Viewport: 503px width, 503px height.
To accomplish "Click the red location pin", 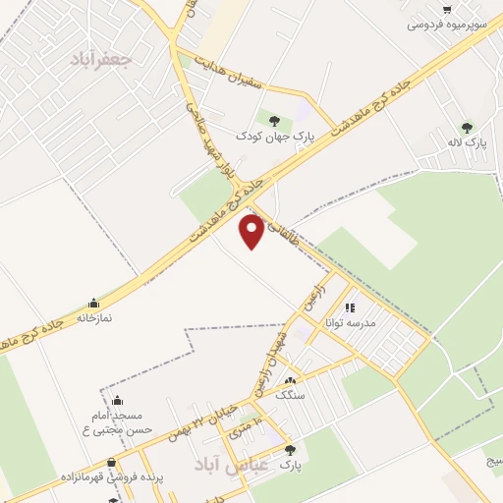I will pos(252,231).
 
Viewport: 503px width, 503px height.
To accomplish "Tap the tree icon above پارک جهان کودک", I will pos(274,121).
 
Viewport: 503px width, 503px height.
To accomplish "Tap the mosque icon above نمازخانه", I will pos(93,303).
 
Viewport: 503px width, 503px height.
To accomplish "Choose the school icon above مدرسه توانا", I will pos(351,307).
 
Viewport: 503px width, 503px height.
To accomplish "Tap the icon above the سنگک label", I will pos(289,382).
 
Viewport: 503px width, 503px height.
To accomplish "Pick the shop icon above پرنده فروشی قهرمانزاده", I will pos(112,462).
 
